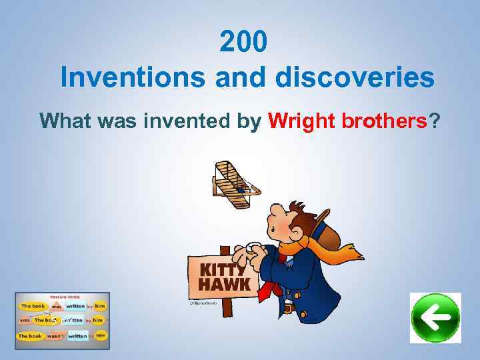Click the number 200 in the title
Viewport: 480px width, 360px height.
(x=244, y=43)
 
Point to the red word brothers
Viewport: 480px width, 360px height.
(x=383, y=121)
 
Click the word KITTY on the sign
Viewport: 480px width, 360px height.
(x=222, y=270)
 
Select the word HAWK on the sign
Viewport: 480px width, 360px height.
(x=223, y=285)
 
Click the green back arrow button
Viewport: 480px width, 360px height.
(x=435, y=318)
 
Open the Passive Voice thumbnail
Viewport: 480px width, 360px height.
(x=62, y=321)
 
